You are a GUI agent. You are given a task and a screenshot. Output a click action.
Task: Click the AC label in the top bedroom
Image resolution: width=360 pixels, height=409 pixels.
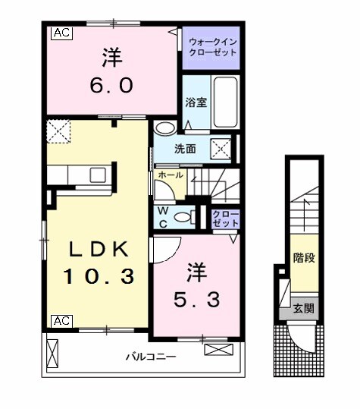[61, 33]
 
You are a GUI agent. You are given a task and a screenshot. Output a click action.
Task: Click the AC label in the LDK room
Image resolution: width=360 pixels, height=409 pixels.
[61, 321]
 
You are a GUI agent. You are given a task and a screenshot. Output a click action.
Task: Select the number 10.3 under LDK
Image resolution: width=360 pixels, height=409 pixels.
[99, 277]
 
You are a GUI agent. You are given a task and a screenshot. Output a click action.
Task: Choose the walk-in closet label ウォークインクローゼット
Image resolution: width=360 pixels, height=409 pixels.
[212, 48]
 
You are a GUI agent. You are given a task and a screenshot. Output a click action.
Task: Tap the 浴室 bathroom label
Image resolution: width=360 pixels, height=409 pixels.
[196, 102]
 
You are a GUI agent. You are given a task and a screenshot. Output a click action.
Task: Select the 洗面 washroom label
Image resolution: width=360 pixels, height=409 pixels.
[186, 148]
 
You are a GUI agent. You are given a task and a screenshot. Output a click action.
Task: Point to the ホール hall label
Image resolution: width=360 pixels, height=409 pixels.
[170, 175]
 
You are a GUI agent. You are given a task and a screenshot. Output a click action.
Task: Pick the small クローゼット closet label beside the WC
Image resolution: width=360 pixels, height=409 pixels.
[225, 219]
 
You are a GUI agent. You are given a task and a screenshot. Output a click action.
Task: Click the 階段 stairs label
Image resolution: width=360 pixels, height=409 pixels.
[304, 259]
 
